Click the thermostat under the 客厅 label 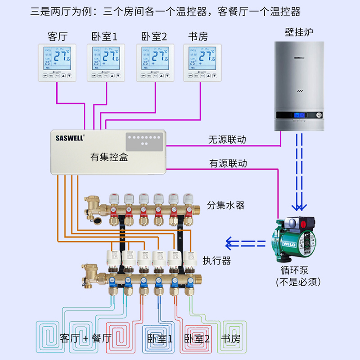(57, 63)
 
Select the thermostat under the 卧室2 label (154, 63)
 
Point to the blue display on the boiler (299, 116)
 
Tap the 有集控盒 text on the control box (109, 157)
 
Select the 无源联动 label (227, 139)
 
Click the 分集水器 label (226, 206)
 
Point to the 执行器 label (216, 261)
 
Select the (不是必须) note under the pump (298, 283)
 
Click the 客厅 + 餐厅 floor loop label (85, 338)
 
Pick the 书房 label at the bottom (230, 338)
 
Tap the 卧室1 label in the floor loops (160, 338)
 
